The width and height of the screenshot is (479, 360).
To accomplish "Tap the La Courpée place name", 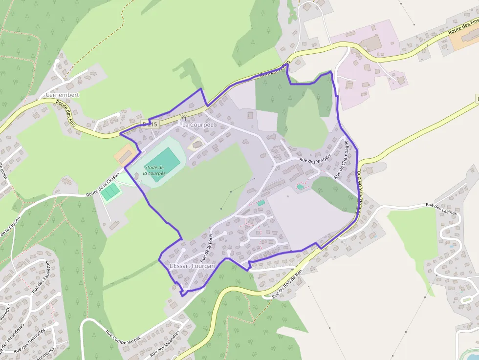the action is [198, 125].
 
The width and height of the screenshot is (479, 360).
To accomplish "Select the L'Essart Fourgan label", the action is [192, 266].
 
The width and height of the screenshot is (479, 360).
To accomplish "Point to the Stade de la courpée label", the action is [154, 170].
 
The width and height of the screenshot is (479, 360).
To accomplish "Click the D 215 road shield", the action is [150, 125].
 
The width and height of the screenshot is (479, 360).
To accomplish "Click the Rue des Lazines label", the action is [441, 209].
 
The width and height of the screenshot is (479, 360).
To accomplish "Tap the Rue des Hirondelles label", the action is [12, 337].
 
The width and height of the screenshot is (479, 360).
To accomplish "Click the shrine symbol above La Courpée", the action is [184, 117].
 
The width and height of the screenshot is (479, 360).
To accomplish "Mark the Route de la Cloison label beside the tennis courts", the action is [103, 188].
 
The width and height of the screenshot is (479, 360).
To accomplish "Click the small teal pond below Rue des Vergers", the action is [300, 187].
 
